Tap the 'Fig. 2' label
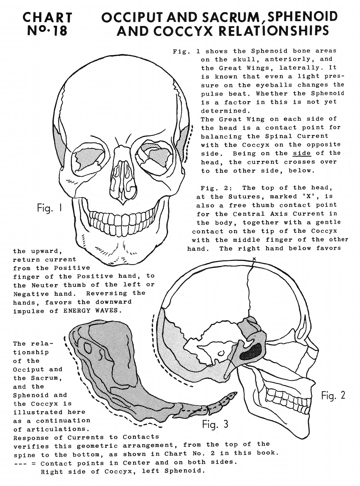[333, 396]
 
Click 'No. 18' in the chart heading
[48, 31]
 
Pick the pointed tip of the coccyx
[237, 392]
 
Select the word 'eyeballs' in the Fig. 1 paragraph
[274, 85]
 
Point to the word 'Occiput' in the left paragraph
[29, 369]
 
